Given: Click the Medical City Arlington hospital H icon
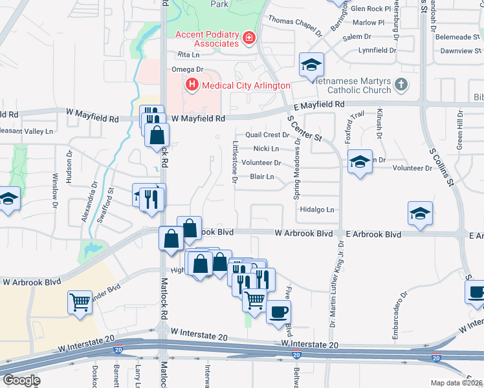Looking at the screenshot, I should [x=192, y=85].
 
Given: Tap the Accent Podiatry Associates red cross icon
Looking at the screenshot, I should [x=248, y=40].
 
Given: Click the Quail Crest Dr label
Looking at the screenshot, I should [x=267, y=135].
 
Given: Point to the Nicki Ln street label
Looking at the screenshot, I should [x=266, y=149].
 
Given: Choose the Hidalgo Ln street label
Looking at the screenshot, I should [x=317, y=210].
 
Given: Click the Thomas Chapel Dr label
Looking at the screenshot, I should [x=295, y=25].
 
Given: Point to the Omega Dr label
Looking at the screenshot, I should [x=188, y=69].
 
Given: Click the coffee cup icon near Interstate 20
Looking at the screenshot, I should [x=278, y=311].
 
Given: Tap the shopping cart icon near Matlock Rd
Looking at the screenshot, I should [x=80, y=301].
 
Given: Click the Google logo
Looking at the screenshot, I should [x=21, y=380].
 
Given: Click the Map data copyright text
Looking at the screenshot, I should [x=456, y=383].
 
